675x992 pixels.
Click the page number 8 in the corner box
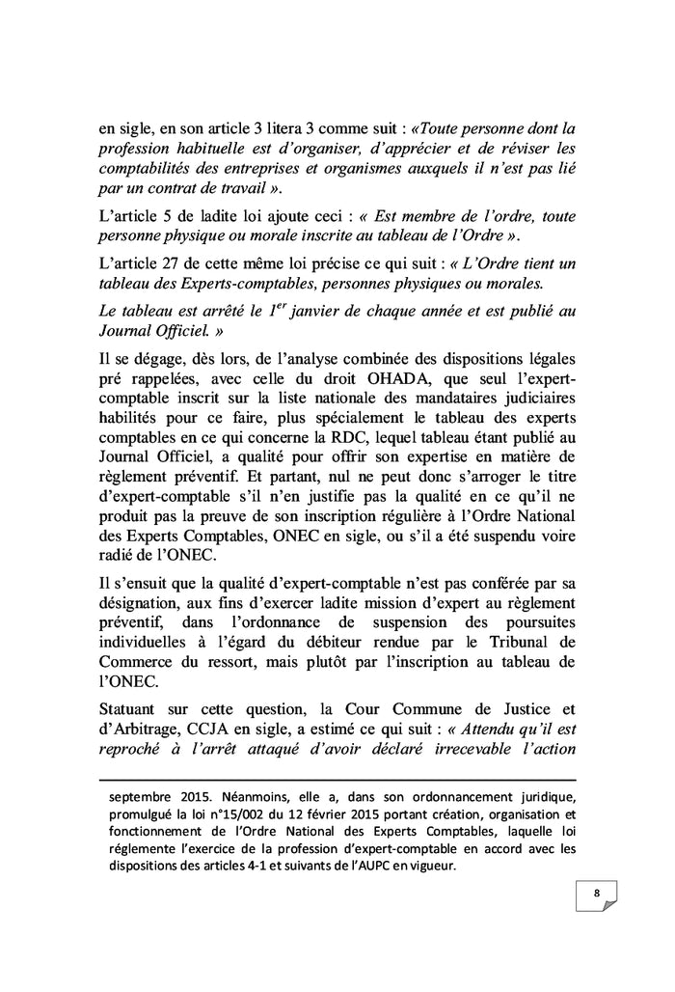tap(597, 893)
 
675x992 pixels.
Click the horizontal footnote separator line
tap(337, 780)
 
